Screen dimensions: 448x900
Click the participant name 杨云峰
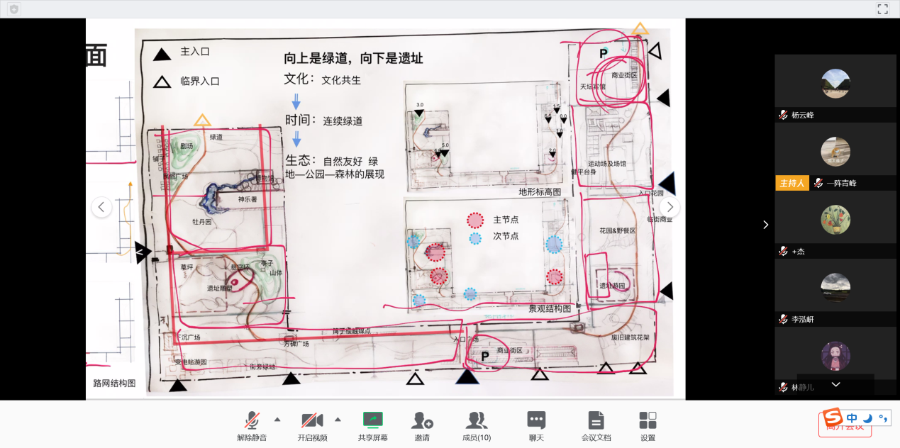(x=803, y=115)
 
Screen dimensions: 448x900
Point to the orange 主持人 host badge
(x=791, y=183)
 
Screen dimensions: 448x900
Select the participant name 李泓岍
(x=803, y=320)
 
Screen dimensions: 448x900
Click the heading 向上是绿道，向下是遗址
(x=353, y=58)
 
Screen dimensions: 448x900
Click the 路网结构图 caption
(x=114, y=383)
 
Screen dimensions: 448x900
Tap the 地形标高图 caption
(x=540, y=192)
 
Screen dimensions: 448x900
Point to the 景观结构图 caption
(x=550, y=308)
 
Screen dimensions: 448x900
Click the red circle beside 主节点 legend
(x=475, y=220)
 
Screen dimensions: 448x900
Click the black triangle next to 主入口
(x=162, y=54)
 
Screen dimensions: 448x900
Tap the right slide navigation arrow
(x=670, y=207)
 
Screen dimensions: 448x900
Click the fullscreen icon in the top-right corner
(x=882, y=9)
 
